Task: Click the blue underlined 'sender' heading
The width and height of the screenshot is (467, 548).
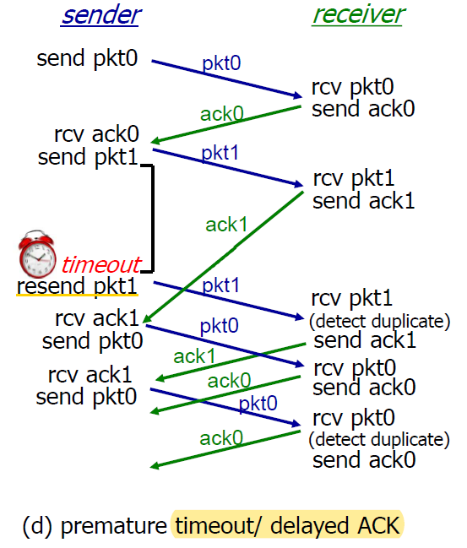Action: pos(100,15)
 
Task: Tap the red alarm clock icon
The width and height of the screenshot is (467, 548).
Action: pos(36,253)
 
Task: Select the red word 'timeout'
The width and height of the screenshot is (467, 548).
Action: pos(101,264)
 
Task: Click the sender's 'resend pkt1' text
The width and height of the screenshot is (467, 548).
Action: pos(77,286)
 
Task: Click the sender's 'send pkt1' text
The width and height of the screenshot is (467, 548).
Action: pos(88,157)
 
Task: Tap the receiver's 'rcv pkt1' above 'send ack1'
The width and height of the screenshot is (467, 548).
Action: pos(354,179)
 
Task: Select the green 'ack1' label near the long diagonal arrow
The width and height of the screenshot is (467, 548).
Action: pos(226,225)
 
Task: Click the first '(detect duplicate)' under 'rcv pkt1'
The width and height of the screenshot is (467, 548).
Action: pos(380,322)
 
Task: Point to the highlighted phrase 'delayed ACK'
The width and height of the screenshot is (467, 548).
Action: pos(335,526)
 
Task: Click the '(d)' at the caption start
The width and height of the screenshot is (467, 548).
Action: pos(37,526)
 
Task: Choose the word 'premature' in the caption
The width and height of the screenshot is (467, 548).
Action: pos(114,526)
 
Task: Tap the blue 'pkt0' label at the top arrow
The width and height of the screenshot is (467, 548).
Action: pos(221,63)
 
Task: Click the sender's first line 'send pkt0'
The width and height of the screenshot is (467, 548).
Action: pos(87,58)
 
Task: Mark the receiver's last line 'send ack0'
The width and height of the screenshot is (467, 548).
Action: pos(364,460)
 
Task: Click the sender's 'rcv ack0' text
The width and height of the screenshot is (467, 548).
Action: pos(97,134)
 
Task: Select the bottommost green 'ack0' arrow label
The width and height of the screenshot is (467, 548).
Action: pos(221,438)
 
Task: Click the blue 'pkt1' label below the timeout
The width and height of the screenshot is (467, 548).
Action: pos(221,285)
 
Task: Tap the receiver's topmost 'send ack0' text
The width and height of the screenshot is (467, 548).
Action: pos(363,109)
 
